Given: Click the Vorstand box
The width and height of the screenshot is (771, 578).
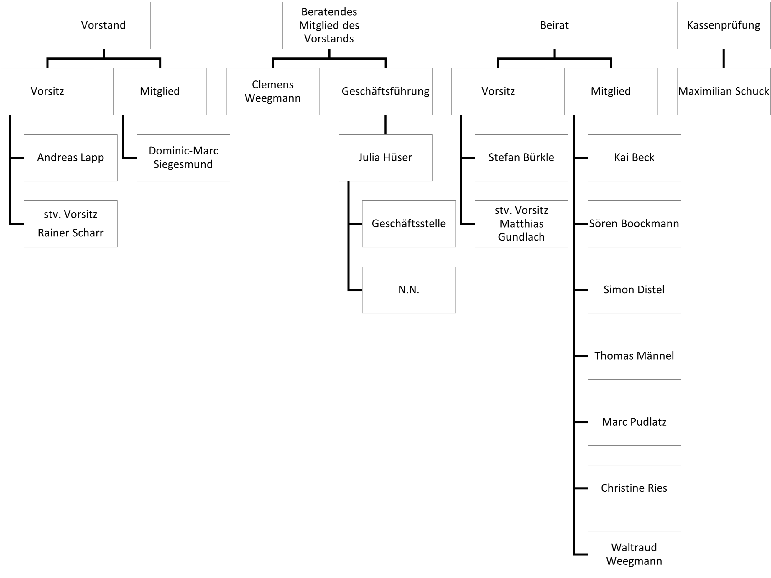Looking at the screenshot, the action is click(103, 25).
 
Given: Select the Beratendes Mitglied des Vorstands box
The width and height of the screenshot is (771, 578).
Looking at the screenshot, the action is click(329, 25).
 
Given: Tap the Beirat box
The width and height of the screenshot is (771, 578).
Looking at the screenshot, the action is click(554, 25).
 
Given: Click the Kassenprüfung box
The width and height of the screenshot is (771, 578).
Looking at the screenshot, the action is click(723, 25).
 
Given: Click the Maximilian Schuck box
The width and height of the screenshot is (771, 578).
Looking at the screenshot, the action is click(723, 91).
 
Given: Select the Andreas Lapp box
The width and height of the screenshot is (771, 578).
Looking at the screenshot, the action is click(70, 157).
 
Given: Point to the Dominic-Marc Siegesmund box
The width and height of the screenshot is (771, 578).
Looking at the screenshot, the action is click(183, 157).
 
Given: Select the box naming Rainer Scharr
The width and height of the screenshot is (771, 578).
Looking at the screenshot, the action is click(70, 224).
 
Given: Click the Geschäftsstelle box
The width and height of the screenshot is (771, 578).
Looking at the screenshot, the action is click(409, 224).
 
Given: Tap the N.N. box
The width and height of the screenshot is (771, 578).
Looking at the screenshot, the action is click(409, 290).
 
